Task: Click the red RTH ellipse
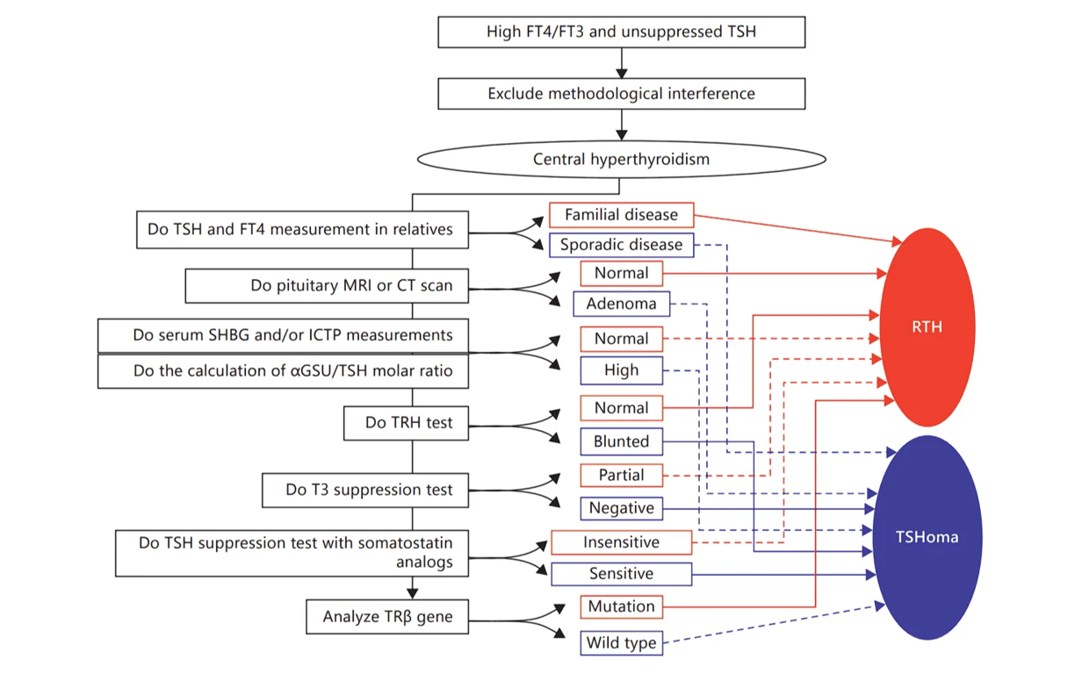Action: pos(927,327)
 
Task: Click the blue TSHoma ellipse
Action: pos(927,537)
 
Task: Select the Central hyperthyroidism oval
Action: pos(621,160)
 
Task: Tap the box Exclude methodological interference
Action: pos(621,93)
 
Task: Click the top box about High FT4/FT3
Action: pos(621,32)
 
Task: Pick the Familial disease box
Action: pos(621,215)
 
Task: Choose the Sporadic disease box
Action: pos(621,245)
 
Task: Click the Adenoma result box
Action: pos(621,305)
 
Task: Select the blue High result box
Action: pos(621,370)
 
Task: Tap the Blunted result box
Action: pos(621,441)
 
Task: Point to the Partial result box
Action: pos(621,475)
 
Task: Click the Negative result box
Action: pos(621,508)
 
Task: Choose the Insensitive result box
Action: pos(621,542)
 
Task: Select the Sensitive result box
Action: pos(621,574)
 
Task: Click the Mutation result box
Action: pos(621,606)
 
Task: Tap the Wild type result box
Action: pos(621,643)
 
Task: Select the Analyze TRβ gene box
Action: pos(387,617)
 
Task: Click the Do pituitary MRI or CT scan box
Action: pos(326,286)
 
